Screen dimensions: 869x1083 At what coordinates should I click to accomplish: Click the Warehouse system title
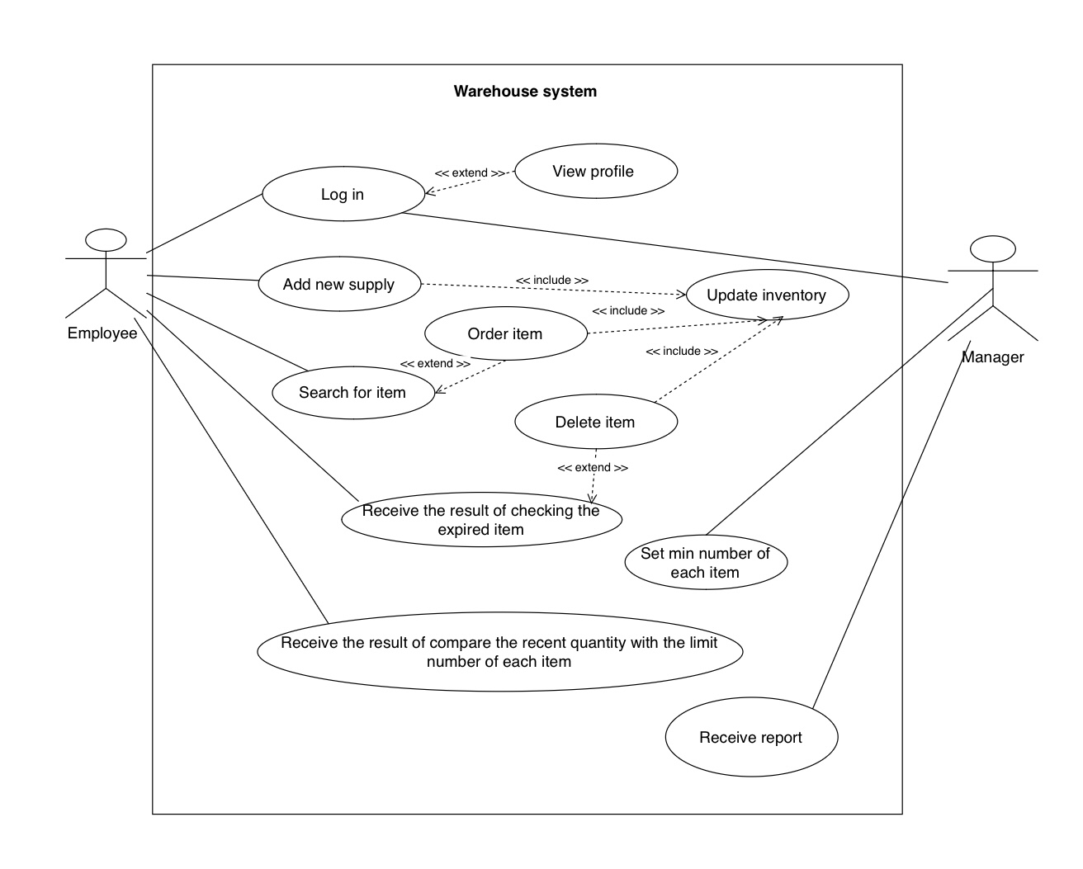click(x=525, y=92)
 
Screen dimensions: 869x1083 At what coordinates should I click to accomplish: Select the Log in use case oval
click(x=343, y=195)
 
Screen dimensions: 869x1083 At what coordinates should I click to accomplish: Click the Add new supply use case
click(x=339, y=285)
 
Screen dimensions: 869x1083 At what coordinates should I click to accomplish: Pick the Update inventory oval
click(x=766, y=295)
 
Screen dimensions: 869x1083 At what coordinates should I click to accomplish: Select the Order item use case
click(x=505, y=334)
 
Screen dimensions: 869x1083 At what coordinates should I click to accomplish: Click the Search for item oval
click(x=352, y=393)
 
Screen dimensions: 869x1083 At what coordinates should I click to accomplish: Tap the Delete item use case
click(x=595, y=423)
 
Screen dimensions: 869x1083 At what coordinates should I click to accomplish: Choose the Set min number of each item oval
click(x=705, y=563)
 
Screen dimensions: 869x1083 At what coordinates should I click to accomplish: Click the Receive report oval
click(x=750, y=738)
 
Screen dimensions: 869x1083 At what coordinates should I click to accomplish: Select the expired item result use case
click(x=481, y=521)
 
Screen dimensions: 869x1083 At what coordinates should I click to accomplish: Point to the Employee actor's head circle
click(x=106, y=240)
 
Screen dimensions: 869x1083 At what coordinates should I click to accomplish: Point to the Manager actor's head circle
click(x=992, y=248)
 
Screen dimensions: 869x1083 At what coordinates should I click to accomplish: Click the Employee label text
click(x=102, y=333)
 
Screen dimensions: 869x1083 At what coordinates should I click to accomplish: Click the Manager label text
click(x=992, y=357)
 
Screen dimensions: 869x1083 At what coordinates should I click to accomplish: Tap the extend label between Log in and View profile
click(x=470, y=173)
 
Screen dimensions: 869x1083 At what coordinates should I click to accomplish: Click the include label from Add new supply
click(x=552, y=281)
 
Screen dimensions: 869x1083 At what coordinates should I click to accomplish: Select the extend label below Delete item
click(x=593, y=468)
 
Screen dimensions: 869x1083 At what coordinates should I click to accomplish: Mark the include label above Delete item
click(x=681, y=352)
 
